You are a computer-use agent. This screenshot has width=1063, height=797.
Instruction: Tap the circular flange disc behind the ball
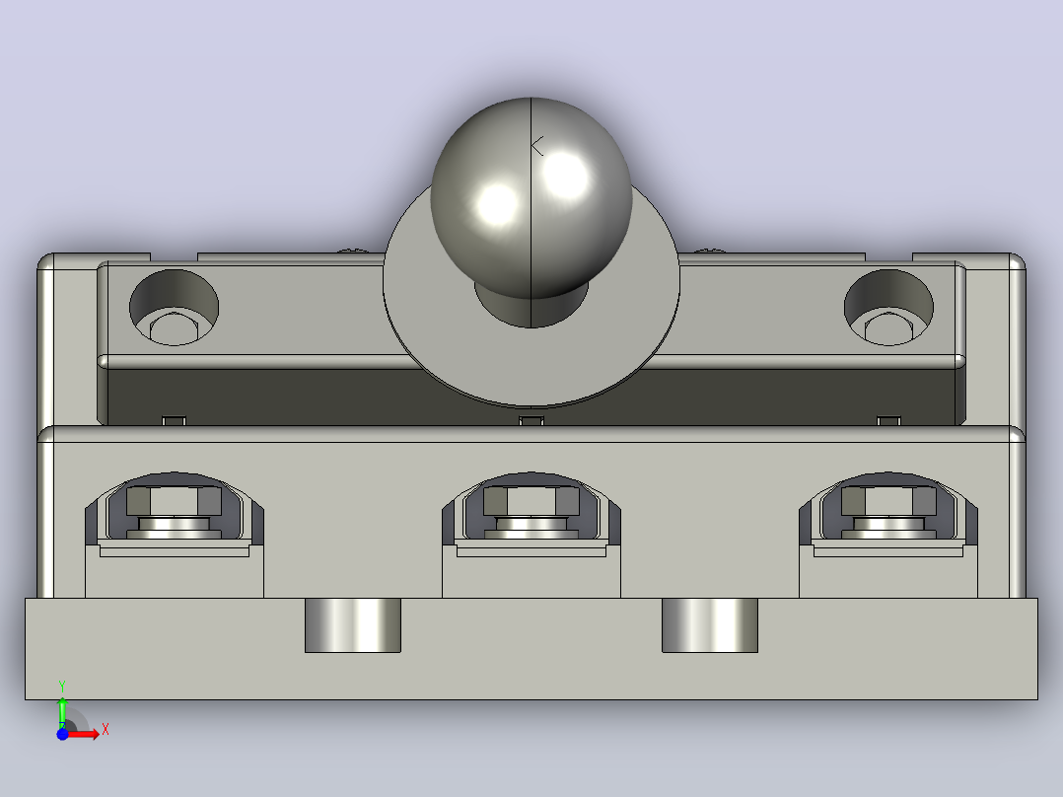coord(531,359)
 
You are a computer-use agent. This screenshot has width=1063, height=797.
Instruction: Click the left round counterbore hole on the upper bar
coord(175,308)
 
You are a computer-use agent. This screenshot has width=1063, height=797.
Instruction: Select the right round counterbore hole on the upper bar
coord(888,308)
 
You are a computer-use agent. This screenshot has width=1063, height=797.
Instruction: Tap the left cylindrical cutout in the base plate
coord(353,625)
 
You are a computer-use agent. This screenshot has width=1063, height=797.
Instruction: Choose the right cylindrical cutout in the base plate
coord(710,625)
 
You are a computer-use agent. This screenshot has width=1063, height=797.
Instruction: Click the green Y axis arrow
coord(62,711)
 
